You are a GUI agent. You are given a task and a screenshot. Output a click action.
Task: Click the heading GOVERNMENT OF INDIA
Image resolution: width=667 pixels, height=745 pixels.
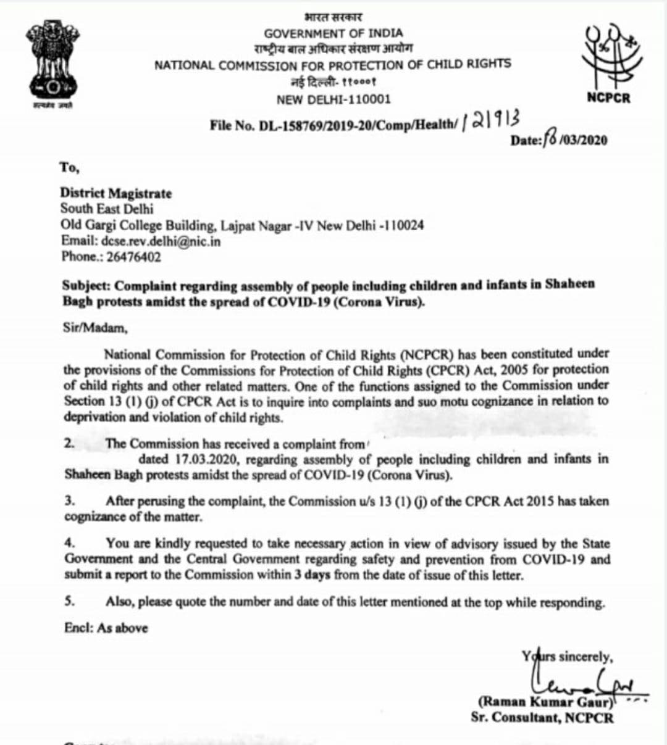click(x=333, y=33)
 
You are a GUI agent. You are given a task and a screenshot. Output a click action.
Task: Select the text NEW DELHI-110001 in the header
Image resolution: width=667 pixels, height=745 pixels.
click(x=333, y=99)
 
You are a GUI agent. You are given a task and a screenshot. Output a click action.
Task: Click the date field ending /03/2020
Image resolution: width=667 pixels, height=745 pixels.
click(x=559, y=139)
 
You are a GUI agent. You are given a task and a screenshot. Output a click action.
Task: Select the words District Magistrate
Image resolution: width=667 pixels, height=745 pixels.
click(x=115, y=193)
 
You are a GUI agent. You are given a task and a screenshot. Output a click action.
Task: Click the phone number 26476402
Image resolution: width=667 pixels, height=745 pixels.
click(x=133, y=257)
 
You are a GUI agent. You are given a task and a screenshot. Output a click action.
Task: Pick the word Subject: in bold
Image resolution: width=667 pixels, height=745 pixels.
click(x=86, y=286)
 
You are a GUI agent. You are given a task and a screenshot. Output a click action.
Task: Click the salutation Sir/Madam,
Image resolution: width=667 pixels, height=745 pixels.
click(x=95, y=328)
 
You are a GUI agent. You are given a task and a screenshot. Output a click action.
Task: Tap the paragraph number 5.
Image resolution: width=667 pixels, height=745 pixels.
click(x=69, y=601)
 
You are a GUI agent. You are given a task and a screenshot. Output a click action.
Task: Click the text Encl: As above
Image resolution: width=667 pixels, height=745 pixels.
click(x=106, y=628)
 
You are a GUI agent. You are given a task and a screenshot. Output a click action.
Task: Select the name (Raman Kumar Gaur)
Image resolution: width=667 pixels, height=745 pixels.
click(x=545, y=702)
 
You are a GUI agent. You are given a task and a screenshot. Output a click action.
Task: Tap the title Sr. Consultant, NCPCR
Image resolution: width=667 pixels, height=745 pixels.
click(x=542, y=717)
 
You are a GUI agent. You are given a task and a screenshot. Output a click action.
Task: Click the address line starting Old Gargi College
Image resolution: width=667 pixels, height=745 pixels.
click(x=242, y=225)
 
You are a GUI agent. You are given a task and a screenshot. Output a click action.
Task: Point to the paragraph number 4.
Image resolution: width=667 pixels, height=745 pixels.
click(x=69, y=543)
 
